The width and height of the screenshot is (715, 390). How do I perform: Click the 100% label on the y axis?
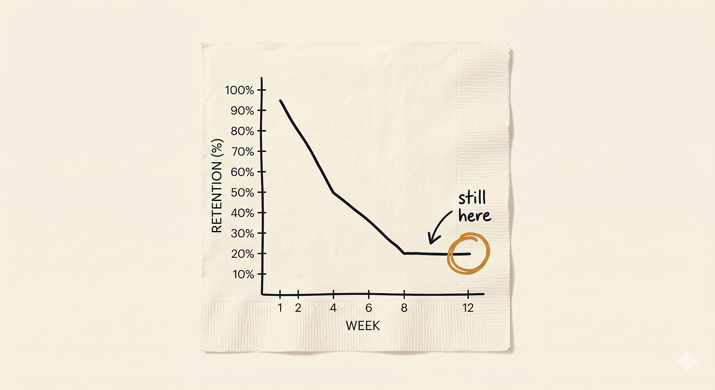[240, 90]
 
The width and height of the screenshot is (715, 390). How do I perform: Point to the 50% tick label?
[242, 193]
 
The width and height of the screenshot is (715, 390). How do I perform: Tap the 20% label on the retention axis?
[242, 254]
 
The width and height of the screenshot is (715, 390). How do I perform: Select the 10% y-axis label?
[243, 274]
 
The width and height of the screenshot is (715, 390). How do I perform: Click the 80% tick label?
[242, 131]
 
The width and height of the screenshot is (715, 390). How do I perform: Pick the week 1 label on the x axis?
[280, 308]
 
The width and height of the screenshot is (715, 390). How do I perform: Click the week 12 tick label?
[468, 308]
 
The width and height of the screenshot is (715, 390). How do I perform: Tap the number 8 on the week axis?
[404, 308]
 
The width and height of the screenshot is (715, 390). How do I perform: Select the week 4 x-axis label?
[333, 308]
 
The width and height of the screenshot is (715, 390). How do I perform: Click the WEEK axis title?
[362, 326]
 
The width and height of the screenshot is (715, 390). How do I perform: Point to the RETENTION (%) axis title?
[217, 186]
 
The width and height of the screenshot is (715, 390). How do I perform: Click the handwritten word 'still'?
[472, 197]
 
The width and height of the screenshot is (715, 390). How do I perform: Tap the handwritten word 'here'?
[474, 216]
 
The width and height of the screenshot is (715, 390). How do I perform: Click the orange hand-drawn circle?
[469, 253]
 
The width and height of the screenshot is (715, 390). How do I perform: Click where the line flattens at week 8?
[404, 253]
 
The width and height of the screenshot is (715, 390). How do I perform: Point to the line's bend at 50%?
[333, 193]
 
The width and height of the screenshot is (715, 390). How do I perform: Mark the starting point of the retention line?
[280, 101]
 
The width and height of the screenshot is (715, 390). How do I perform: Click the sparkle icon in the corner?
[686, 361]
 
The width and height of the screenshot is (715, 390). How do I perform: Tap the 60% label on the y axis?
[242, 172]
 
